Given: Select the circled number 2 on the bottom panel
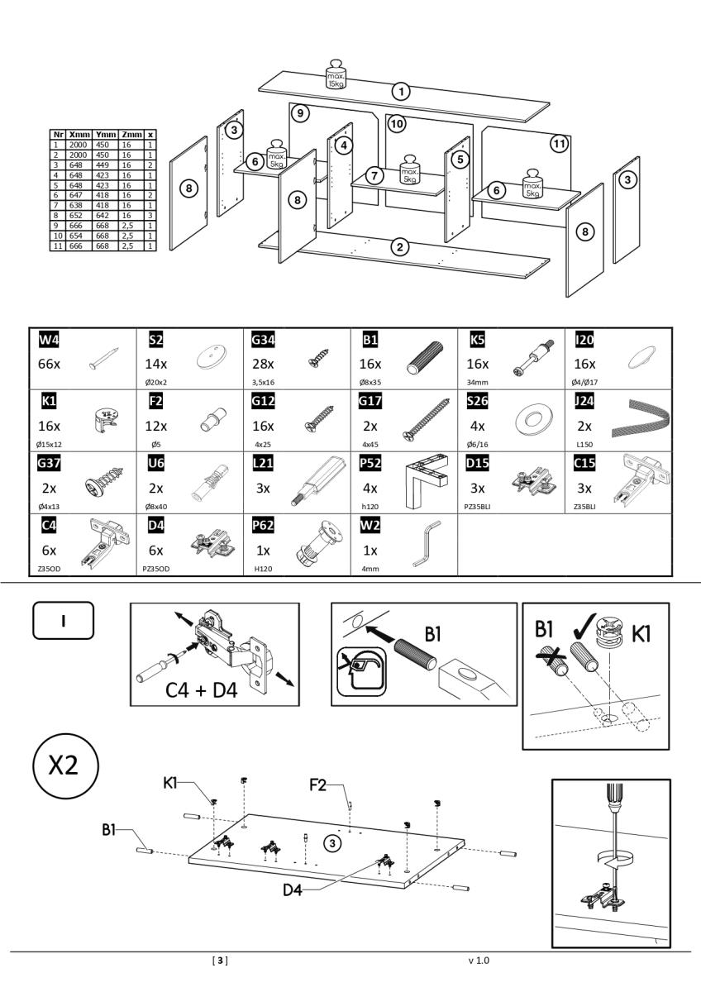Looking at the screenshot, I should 400,246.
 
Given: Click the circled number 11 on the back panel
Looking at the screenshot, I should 560,143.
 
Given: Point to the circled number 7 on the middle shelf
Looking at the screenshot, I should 375,176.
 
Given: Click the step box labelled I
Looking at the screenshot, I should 64,619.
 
